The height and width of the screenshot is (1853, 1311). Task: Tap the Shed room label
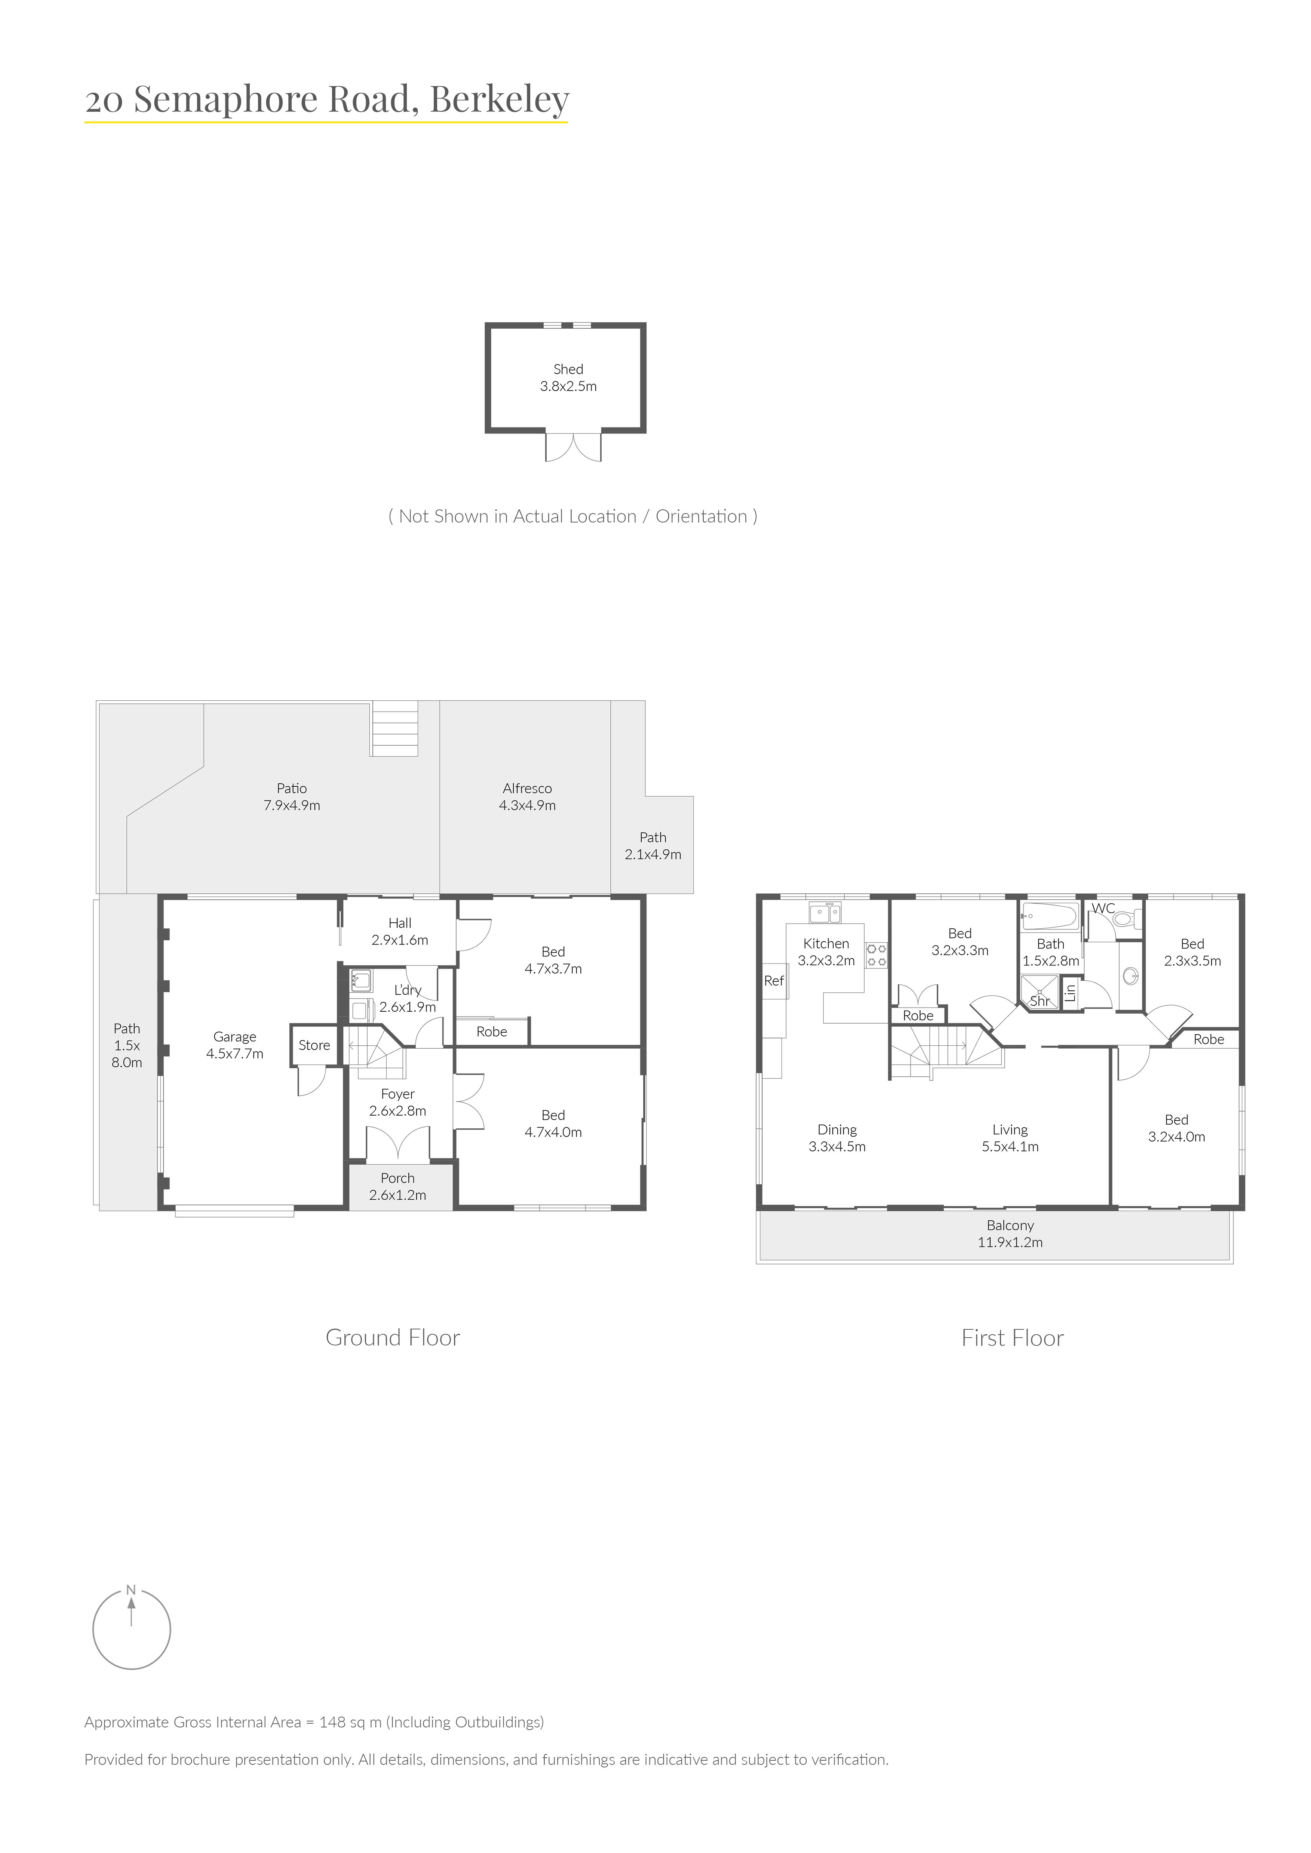pos(568,369)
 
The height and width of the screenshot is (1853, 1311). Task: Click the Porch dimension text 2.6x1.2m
pos(398,1195)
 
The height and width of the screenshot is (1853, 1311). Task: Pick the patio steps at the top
pos(395,729)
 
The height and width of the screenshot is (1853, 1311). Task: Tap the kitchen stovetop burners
pos(878,956)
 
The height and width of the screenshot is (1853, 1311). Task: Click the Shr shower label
pos(1040,1001)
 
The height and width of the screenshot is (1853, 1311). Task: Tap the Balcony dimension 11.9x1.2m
pos(1010,1242)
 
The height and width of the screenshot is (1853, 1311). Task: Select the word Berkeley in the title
pos(500,101)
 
